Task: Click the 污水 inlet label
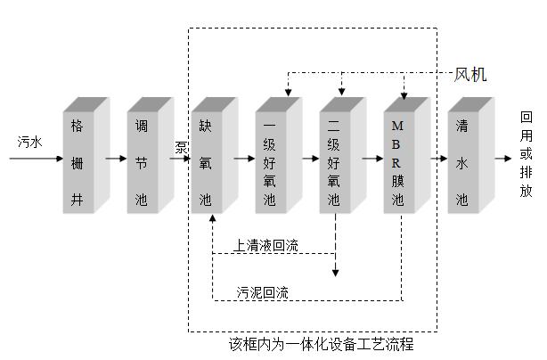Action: click(x=29, y=142)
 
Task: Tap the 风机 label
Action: click(x=470, y=75)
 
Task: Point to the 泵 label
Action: click(x=181, y=147)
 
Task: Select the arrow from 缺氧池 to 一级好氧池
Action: click(x=243, y=159)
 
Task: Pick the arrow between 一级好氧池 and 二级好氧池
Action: click(x=308, y=159)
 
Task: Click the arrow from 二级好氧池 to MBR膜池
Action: click(x=372, y=159)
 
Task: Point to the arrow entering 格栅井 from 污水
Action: click(x=36, y=159)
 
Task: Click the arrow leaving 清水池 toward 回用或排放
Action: click(x=504, y=159)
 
